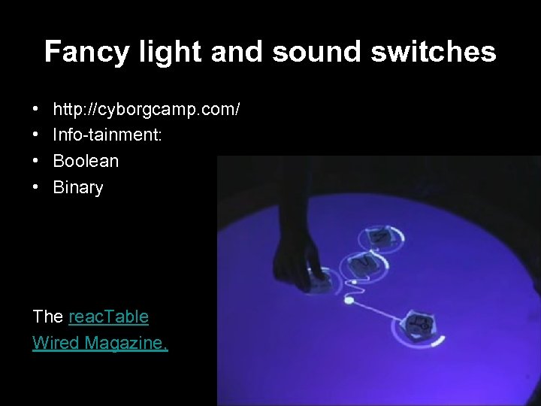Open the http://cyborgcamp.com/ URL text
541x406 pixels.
click(x=147, y=110)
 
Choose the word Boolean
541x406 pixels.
click(x=86, y=161)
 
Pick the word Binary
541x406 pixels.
click(x=78, y=187)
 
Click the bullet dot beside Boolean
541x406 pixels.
click(x=37, y=162)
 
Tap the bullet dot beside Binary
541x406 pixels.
click(x=37, y=188)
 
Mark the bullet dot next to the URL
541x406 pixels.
click(x=37, y=111)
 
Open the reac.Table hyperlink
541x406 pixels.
click(x=108, y=317)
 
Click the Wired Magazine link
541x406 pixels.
click(x=100, y=343)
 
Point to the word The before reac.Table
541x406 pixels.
click(x=48, y=317)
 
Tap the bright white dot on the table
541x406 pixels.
click(x=348, y=302)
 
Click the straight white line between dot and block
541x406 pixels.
click(x=379, y=313)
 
